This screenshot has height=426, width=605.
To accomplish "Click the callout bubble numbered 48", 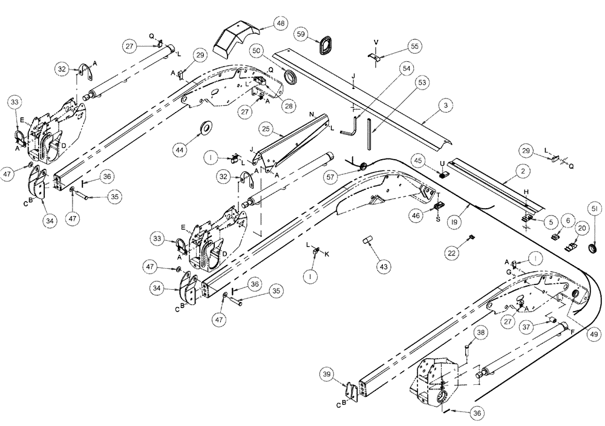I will pyautogui.click(x=280, y=24).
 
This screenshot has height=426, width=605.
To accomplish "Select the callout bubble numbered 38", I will pyautogui.click(x=480, y=332).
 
